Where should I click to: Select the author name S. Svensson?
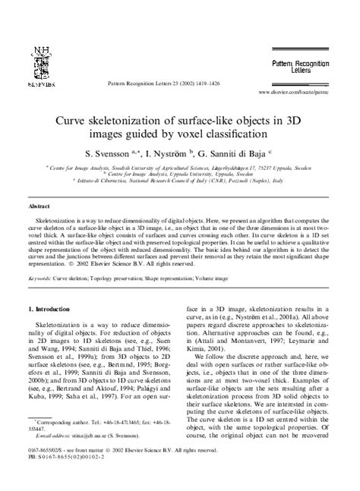coord(116,153)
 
